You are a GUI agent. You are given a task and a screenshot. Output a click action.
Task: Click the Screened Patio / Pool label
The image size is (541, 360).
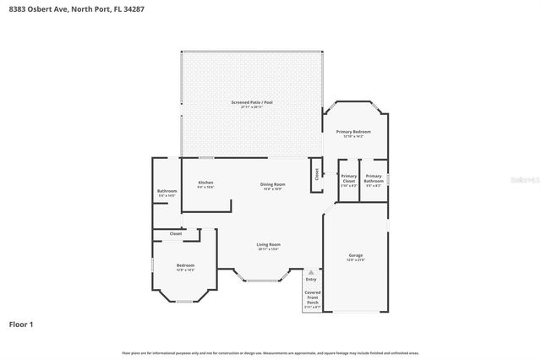coord(252,102)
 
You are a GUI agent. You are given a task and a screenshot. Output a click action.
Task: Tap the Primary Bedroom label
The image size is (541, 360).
coord(353,132)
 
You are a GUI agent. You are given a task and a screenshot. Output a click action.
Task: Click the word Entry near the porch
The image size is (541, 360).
coord(310,279)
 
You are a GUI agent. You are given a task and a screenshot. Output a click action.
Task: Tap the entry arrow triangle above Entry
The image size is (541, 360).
coord(310,272)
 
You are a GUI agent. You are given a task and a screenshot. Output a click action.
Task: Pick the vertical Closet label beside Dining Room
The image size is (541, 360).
coord(317,174)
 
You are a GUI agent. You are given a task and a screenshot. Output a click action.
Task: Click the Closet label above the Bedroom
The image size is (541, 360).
coord(175,233)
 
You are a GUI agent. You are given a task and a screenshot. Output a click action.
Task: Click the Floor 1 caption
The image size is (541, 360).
coord(21,324)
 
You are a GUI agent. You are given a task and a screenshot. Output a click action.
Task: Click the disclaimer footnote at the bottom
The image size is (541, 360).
coord(270,352)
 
